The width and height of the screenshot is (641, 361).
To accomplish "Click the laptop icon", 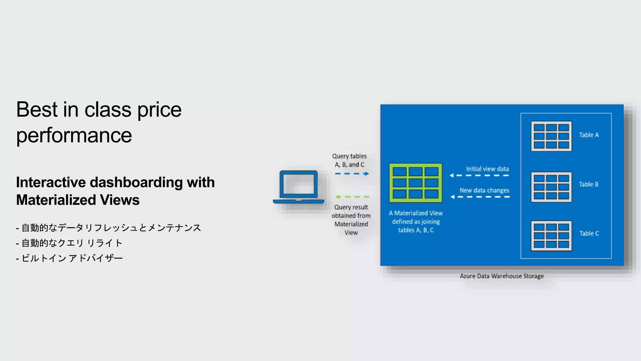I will coord(299,187).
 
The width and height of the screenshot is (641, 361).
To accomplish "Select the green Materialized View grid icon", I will coord(415,183).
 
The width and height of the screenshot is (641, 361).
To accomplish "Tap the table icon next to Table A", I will coord(551,136).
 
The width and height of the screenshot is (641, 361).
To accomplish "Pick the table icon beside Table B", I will coord(551,187).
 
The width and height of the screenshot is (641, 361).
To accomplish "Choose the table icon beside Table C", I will coord(551,236).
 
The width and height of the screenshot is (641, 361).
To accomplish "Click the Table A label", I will coord(589,135).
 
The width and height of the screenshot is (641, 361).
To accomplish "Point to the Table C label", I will coord(589,233).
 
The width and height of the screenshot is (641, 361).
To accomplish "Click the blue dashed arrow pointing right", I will coord(352,174).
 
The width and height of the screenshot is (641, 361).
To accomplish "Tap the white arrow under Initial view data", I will coord(479,175).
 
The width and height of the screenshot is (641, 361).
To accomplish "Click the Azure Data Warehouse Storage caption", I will coord(501,276).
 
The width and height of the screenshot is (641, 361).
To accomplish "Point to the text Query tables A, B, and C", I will coord(349,160).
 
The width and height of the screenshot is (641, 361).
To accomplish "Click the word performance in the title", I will coord(74,136).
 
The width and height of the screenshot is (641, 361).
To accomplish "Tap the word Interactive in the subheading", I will coord(51,182).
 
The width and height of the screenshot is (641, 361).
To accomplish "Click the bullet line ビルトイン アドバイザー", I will coord(69,258).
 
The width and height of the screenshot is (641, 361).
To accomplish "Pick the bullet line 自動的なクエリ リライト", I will coord(69,243).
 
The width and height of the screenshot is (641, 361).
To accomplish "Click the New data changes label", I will coord(484,190).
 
